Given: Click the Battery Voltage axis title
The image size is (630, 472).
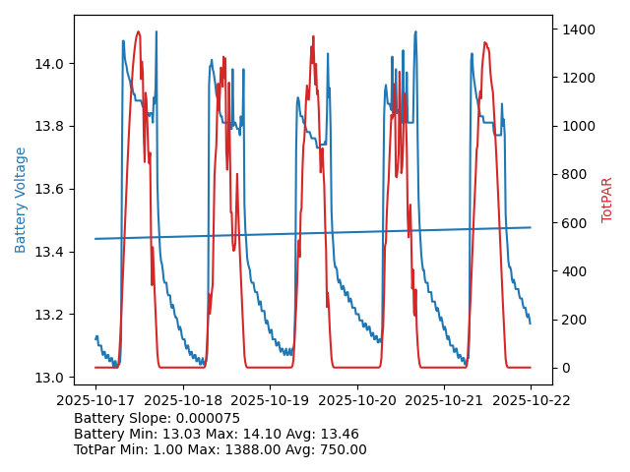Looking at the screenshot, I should tap(21, 200).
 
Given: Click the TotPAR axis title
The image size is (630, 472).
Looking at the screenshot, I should tap(607, 200).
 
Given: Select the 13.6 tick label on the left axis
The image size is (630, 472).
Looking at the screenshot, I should tap(48, 190).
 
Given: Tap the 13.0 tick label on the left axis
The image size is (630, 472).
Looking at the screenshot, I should tap(48, 378).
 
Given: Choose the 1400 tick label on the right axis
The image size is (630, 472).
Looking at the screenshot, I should tap(578, 29).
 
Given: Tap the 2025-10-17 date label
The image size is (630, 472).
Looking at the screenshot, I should tap(95, 400).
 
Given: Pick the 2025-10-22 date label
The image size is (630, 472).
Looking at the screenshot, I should tap(531, 400).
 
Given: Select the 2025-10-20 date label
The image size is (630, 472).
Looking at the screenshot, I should tap(356, 400).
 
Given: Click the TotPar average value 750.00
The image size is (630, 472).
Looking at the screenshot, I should tap(340, 449).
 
